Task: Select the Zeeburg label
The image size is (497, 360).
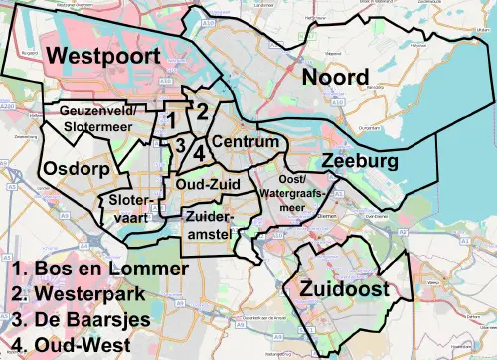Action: tap(359, 160)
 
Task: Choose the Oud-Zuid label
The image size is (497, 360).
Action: tap(205, 184)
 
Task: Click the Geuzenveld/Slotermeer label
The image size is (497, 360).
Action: tap(103, 118)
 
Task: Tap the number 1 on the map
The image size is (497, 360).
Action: tap(172, 120)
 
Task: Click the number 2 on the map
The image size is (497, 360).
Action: tap(201, 111)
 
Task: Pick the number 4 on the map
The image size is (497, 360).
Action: tap(199, 153)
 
